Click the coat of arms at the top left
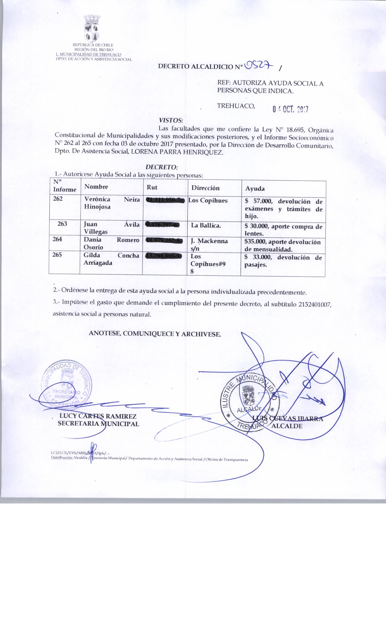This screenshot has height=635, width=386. tap(92, 29)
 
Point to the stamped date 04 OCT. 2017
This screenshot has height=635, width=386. tap(290, 109)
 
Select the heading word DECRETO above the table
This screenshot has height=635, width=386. tap(162, 167)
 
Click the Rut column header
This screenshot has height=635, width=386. tap(152, 187)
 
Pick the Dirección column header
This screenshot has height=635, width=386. tap(205, 188)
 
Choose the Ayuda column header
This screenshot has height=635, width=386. tap(255, 188)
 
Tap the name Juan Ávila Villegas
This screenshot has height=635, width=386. tap(111, 228)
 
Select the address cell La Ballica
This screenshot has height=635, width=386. tap(206, 225)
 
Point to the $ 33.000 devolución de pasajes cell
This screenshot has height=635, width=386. tap(283, 261)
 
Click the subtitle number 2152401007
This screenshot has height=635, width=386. tap(315, 304)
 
